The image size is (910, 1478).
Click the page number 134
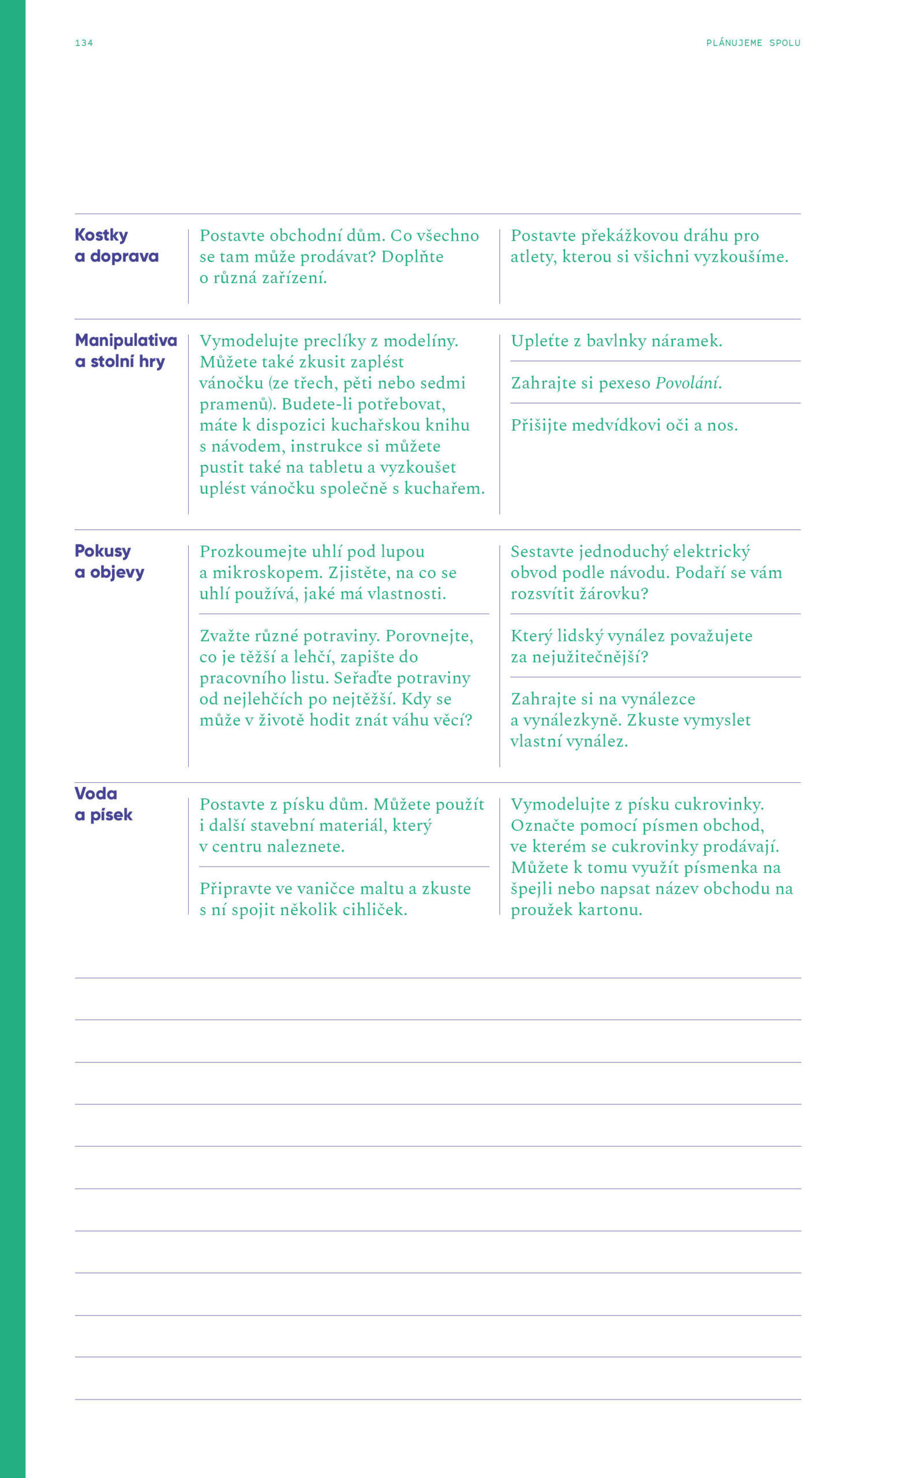[x=84, y=43]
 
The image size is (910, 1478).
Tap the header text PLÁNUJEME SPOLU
[x=753, y=43]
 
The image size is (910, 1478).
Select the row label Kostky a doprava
[x=116, y=245]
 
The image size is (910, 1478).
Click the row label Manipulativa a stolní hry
[x=125, y=351]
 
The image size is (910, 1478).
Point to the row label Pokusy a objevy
[x=109, y=562]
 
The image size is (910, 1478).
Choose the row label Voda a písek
[x=103, y=804]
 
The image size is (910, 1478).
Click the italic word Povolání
[x=687, y=383]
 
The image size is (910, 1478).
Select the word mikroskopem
[x=265, y=573]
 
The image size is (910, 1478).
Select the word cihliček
[x=374, y=910]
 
